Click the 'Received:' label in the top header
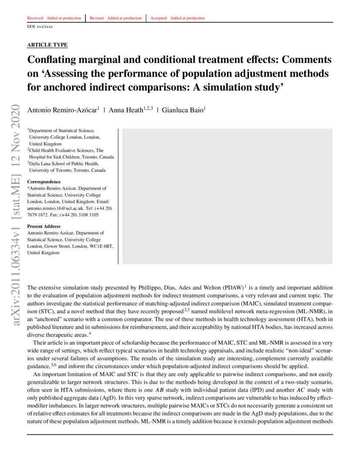tap(35, 18)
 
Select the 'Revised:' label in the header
tap(98, 18)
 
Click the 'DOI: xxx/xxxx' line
tap(40, 27)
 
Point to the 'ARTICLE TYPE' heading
tap(47, 45)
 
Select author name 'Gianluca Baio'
tap(182, 111)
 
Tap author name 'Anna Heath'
tap(126, 111)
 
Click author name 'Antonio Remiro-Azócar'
tap(62, 111)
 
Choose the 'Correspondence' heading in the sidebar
tap(44, 182)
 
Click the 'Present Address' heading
tap(44, 226)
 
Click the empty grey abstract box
tap(227, 196)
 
